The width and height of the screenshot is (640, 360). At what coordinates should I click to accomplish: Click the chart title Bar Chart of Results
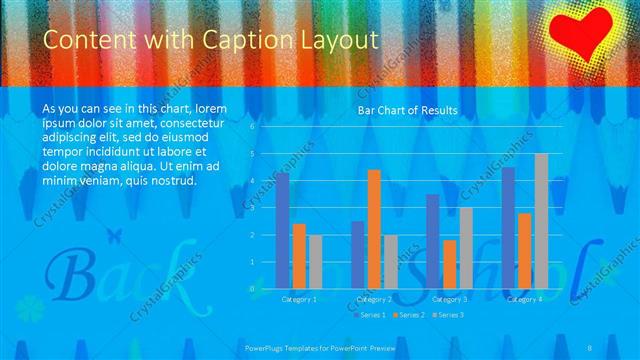[x=407, y=110]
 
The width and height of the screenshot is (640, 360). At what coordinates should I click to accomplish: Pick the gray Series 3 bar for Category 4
[x=541, y=221]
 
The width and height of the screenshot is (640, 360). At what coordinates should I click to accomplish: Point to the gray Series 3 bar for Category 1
[x=315, y=261]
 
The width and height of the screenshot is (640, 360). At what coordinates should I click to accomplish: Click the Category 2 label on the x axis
[x=374, y=299]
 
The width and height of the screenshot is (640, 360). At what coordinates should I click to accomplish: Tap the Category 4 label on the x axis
[x=525, y=299]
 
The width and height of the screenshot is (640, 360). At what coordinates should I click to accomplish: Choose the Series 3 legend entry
[x=449, y=315]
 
